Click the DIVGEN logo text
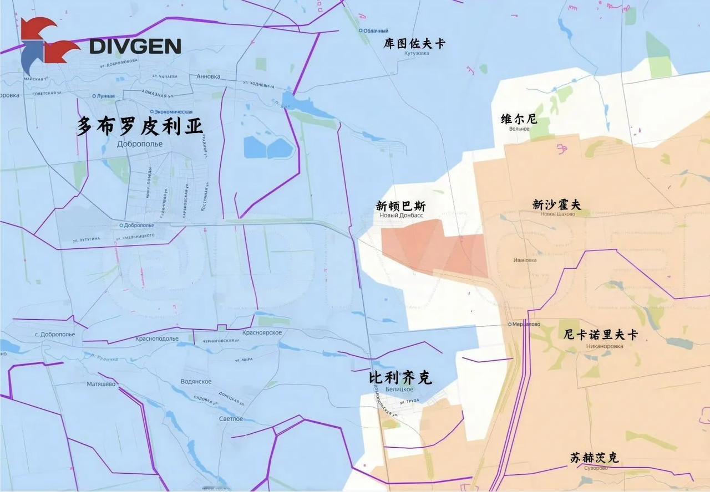135,47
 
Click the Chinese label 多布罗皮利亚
140,126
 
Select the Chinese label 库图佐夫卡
414,44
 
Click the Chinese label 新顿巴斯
400,206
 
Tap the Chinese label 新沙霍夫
556,204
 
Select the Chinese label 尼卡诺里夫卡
600,335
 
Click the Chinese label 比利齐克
400,378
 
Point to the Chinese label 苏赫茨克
594,458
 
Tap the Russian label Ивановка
525,260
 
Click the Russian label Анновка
208,76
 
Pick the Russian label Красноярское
262,332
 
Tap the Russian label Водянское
196,382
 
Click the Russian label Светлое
230,419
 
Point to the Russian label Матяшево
101,383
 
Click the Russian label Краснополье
157,339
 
